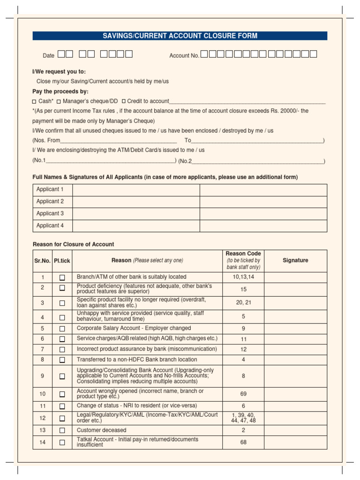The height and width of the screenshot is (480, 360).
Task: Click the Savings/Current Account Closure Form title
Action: click(x=180, y=36)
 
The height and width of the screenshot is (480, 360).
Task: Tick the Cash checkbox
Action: click(x=34, y=101)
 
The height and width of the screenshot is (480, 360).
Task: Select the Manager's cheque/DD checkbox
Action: click(x=59, y=101)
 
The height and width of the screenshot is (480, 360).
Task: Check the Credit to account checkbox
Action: click(x=124, y=101)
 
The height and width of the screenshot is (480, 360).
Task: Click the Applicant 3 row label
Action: click(x=50, y=214)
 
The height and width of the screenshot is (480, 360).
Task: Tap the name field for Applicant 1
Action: click(x=136, y=190)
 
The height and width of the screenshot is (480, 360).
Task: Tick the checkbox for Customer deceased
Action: click(x=62, y=430)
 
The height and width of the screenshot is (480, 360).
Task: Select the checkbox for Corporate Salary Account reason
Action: click(x=62, y=329)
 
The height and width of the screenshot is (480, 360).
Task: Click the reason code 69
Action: click(x=243, y=394)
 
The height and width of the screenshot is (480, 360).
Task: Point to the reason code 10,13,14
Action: click(x=243, y=277)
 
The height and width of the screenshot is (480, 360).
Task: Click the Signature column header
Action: click(x=295, y=261)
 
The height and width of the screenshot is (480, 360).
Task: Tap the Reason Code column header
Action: click(x=243, y=261)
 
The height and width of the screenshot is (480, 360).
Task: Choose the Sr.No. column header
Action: click(x=42, y=261)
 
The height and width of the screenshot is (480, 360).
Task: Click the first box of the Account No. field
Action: click(x=204, y=54)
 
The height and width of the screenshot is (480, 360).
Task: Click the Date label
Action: click(x=49, y=56)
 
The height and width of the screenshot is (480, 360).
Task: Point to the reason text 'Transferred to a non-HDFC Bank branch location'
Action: click(x=137, y=360)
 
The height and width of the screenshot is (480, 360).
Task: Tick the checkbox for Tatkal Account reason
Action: click(x=62, y=442)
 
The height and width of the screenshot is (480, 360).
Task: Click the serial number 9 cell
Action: click(x=42, y=376)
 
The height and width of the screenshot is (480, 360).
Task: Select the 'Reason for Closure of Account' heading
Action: click(x=73, y=245)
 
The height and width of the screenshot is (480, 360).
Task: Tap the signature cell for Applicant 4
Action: click(x=263, y=226)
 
